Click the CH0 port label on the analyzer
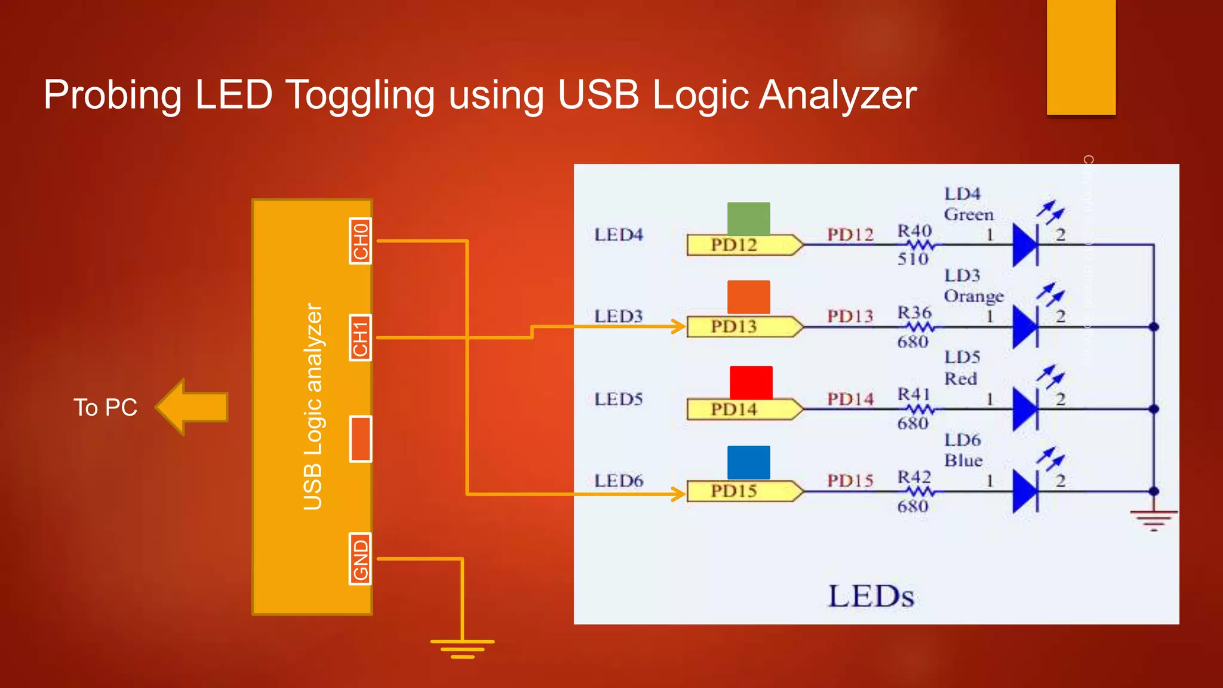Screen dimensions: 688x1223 [x=360, y=241]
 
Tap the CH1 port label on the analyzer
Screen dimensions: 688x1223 [x=360, y=337]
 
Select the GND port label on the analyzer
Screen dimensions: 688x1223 [x=360, y=559]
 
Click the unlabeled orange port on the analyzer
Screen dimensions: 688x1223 [x=360, y=439]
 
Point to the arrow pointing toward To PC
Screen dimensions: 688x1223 [x=192, y=407]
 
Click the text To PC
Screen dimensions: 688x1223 [x=105, y=408]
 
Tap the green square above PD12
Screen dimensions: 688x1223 [x=748, y=219]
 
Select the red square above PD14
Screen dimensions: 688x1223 [x=751, y=382]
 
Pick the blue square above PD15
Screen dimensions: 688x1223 [x=748, y=462]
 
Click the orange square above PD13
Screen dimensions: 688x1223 [x=748, y=297]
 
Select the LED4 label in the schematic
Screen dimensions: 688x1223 [x=619, y=235]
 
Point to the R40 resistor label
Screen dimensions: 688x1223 [x=914, y=231]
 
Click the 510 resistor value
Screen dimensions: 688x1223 [x=912, y=259]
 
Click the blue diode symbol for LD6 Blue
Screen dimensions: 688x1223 [x=1026, y=491]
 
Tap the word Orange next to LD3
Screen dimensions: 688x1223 [x=973, y=296]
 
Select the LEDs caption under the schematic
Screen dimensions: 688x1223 [x=871, y=596]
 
